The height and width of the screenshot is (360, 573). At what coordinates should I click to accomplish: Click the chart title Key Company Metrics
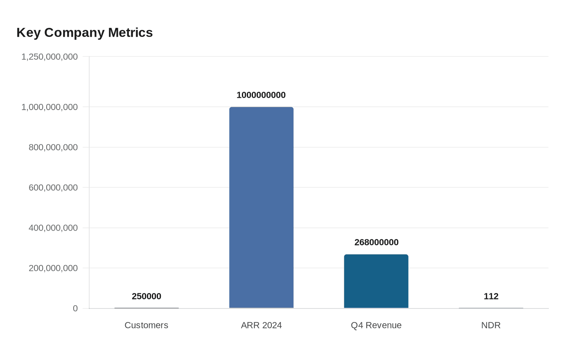[84, 33]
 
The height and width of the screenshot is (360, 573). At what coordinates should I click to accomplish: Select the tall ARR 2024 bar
[261, 207]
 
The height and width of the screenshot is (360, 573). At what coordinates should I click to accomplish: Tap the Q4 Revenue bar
[376, 281]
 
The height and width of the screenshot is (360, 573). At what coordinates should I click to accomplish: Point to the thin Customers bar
[147, 308]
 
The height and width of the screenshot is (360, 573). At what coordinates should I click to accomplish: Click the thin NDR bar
[491, 308]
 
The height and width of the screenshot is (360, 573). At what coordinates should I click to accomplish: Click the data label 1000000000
[261, 95]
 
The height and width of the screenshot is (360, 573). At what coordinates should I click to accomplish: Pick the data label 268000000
[376, 243]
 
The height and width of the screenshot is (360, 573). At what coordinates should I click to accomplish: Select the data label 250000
[147, 297]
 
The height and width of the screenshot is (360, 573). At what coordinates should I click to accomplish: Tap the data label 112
[491, 297]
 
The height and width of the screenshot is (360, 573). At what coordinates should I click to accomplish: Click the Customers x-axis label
[147, 325]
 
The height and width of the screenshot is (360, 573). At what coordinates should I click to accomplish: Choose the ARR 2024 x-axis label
[261, 325]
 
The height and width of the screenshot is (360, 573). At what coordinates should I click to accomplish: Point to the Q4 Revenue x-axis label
[376, 325]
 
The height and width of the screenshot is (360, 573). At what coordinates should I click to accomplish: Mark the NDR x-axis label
[491, 325]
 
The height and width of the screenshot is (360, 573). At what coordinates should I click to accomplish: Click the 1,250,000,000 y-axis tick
[50, 57]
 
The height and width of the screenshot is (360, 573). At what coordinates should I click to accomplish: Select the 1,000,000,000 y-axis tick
[50, 107]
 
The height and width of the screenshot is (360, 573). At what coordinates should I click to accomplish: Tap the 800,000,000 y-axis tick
[53, 147]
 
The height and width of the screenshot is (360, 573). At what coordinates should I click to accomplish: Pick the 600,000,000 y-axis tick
[53, 188]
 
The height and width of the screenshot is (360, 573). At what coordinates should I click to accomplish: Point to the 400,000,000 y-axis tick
[53, 228]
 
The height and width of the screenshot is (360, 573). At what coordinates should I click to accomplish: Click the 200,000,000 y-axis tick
[53, 268]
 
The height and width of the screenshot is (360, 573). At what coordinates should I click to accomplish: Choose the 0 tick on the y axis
[75, 308]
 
